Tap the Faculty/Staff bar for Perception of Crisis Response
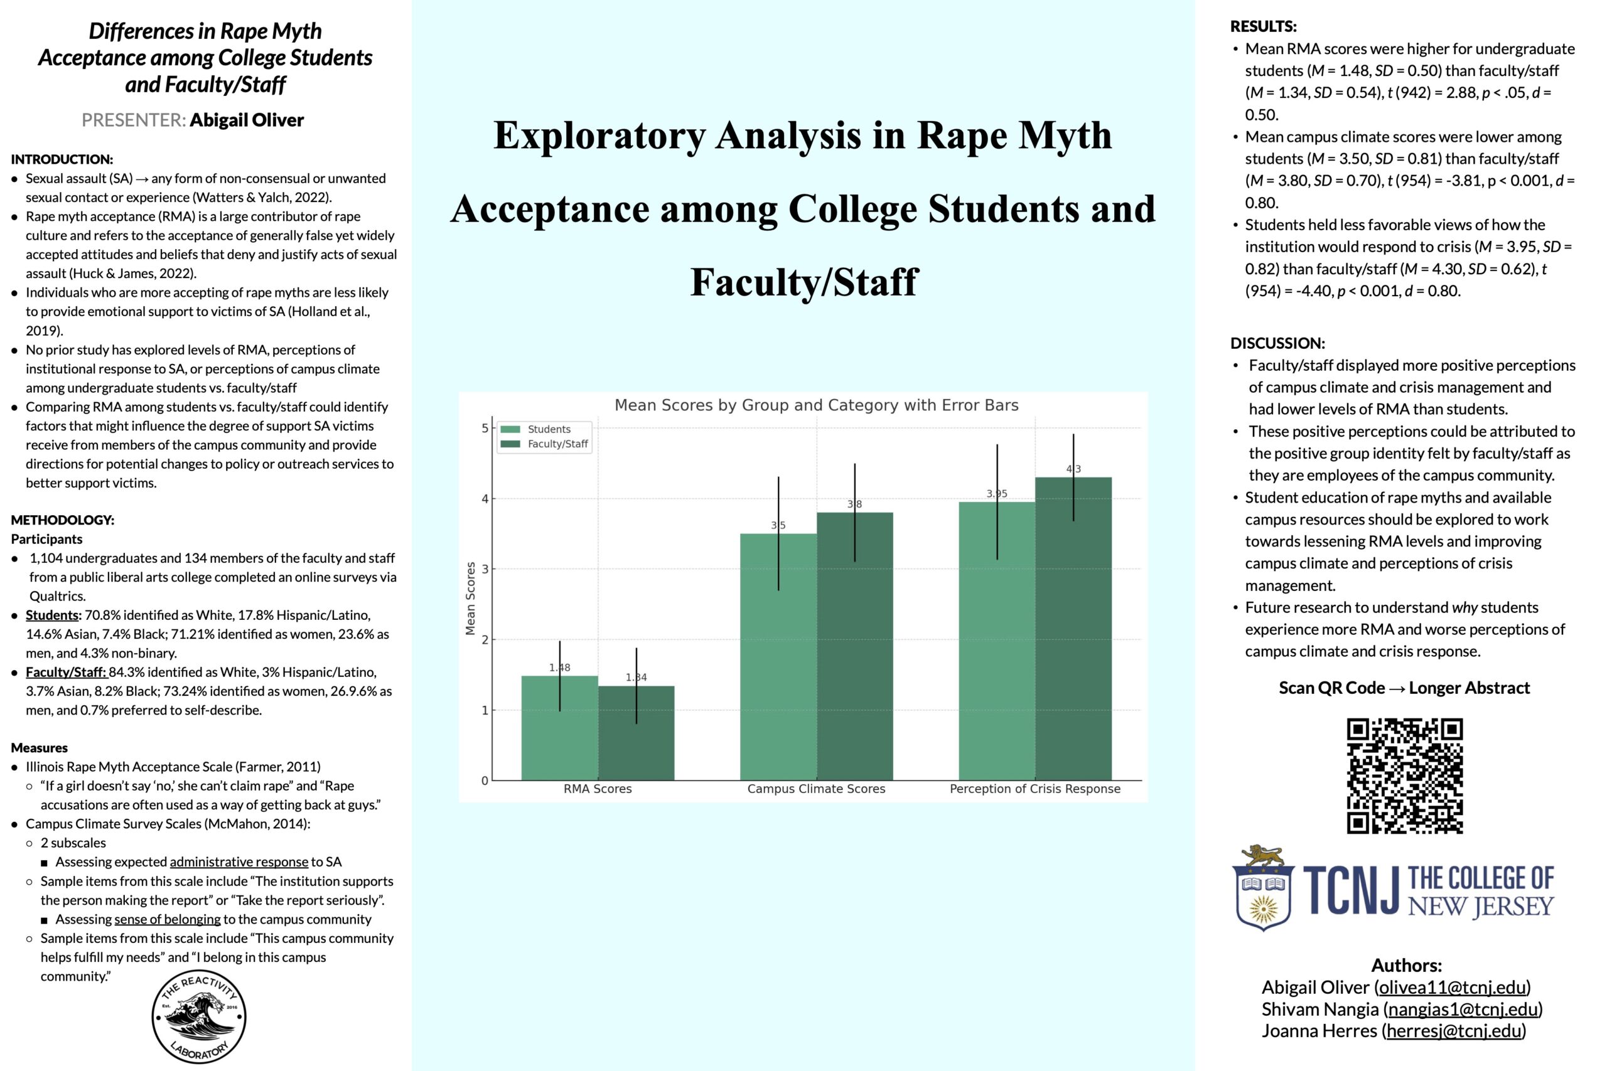click(x=1073, y=629)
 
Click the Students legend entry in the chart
click(x=543, y=429)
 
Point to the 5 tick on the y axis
click(x=485, y=429)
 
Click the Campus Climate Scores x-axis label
click(x=816, y=789)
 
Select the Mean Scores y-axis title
click(x=470, y=599)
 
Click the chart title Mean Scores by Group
click(x=816, y=405)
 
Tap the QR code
click(x=1404, y=775)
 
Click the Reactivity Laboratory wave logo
click(x=199, y=1016)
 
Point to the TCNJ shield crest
click(x=1264, y=888)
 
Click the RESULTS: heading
click(x=1264, y=26)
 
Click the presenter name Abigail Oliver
click(x=246, y=120)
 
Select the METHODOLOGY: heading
click(x=63, y=520)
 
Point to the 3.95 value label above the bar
click(x=996, y=493)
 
